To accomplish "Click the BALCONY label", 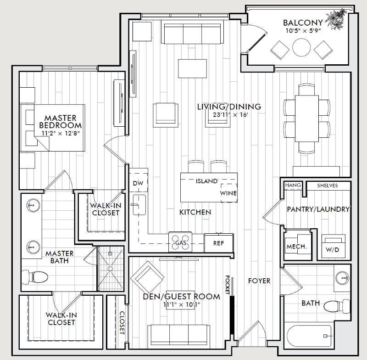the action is pyautogui.click(x=303, y=22).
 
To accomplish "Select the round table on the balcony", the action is pyautogui.click(x=301, y=47).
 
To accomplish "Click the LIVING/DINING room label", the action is pyautogui.click(x=229, y=107).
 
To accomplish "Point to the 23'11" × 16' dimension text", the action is pyautogui.click(x=230, y=115).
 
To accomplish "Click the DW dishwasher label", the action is pyautogui.click(x=138, y=183).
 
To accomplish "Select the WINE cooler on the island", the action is pyautogui.click(x=228, y=193).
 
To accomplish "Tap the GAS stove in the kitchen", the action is pyautogui.click(x=180, y=242).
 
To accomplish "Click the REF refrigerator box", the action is pyautogui.click(x=219, y=243).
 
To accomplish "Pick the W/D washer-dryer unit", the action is pyautogui.click(x=334, y=247).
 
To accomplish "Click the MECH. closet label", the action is pyautogui.click(x=296, y=247).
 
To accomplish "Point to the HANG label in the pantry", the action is pyautogui.click(x=293, y=185).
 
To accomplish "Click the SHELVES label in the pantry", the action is pyautogui.click(x=328, y=186).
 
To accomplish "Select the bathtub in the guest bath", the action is pyautogui.click(x=309, y=336).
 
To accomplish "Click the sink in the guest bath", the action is pyautogui.click(x=342, y=278).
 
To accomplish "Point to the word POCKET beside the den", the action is pyautogui.click(x=227, y=285).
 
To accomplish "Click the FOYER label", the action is pyautogui.click(x=259, y=281).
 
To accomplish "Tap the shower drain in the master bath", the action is pyautogui.click(x=110, y=269).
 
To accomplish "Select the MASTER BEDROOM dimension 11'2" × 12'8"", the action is pyautogui.click(x=61, y=134).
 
